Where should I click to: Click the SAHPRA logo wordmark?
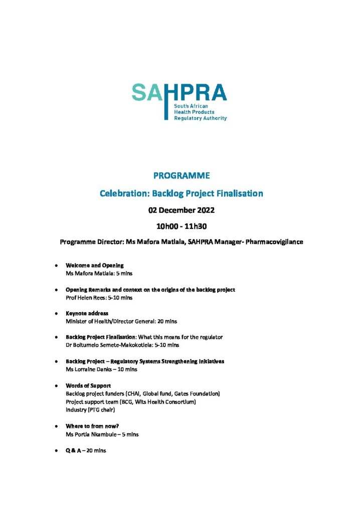pyautogui.click(x=179, y=93)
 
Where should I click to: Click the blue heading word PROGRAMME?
pyautogui.click(x=181, y=176)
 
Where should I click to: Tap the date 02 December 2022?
pyautogui.click(x=181, y=210)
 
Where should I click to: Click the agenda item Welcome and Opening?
pyautogui.click(x=95, y=265)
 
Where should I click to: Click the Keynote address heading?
pyautogui.click(x=87, y=313)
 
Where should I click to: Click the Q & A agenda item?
pyautogui.click(x=75, y=450)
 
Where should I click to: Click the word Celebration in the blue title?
pyautogui.click(x=119, y=193)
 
